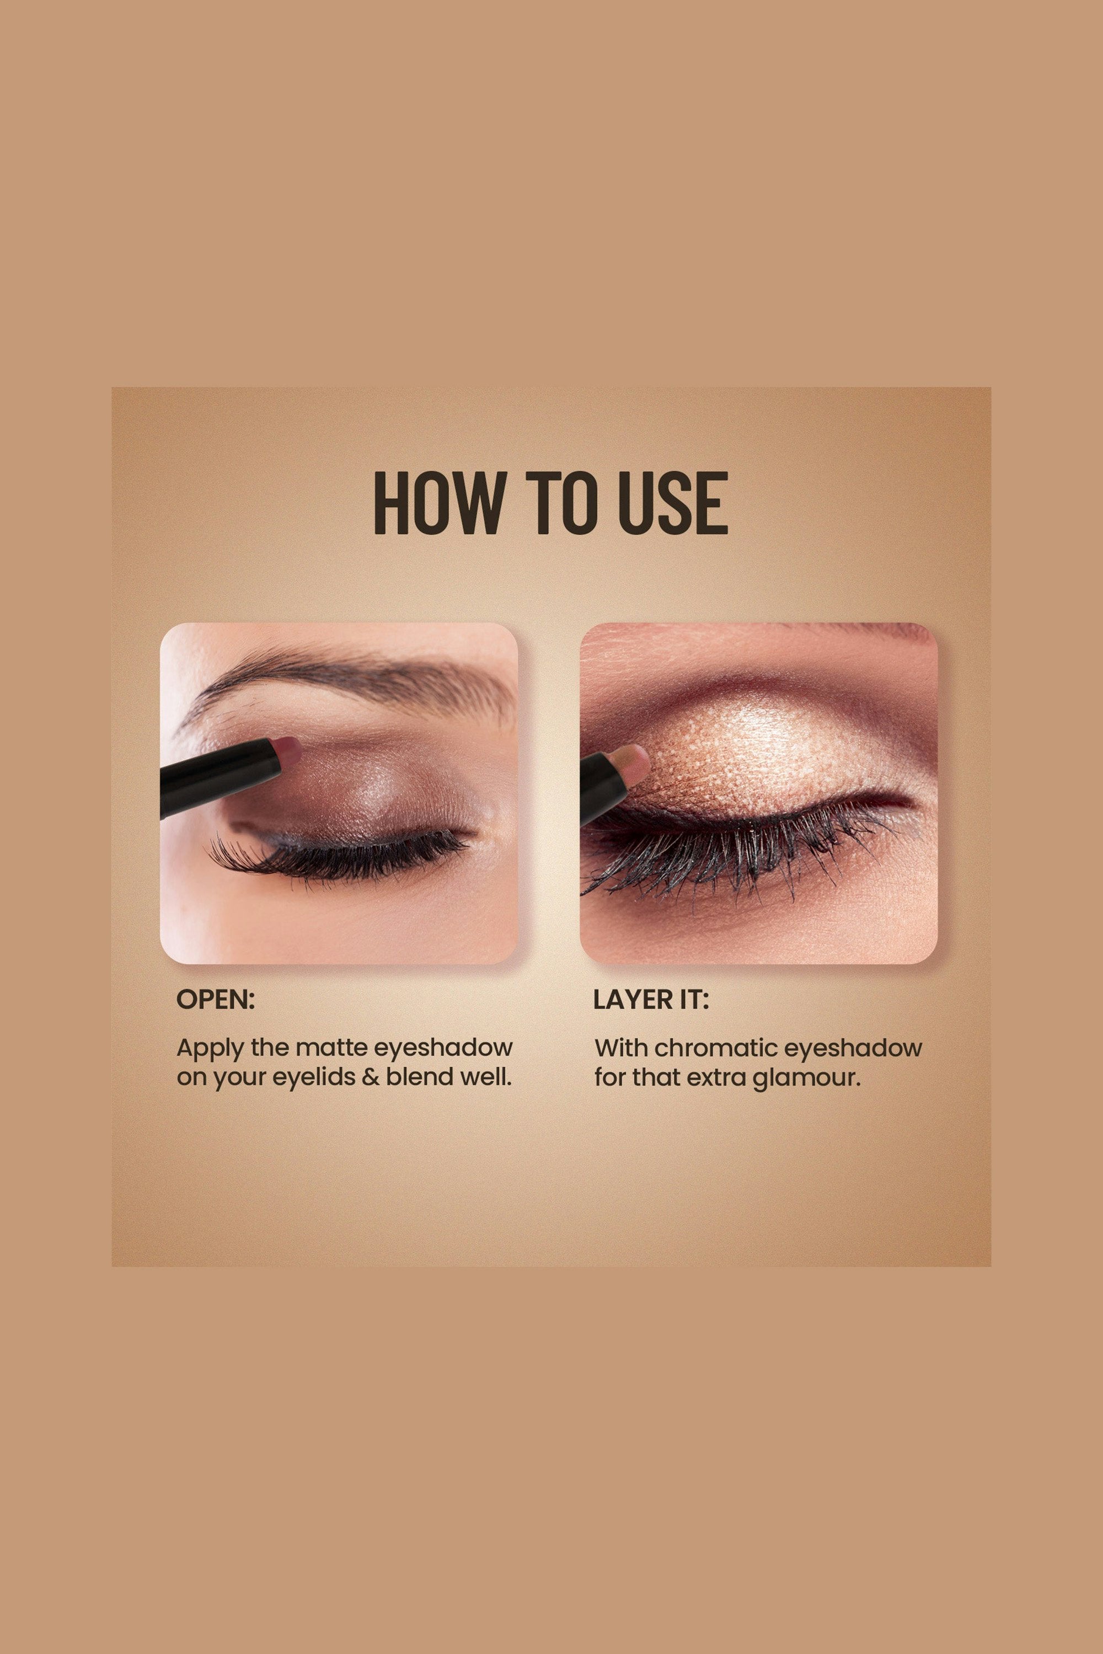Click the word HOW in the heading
pos(438,503)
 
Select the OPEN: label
pos(215,1000)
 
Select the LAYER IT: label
pos(651,1000)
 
